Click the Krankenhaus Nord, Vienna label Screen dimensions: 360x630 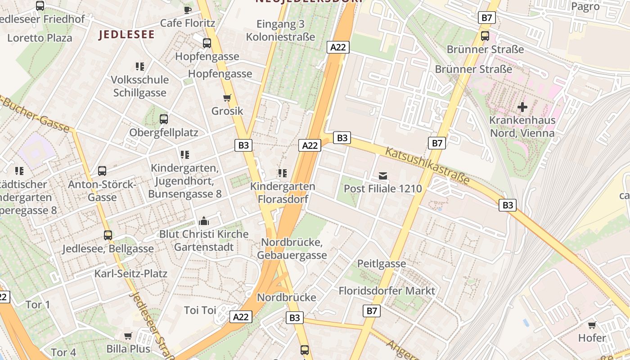[x=522, y=127]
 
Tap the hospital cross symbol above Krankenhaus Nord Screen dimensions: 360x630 [x=522, y=107]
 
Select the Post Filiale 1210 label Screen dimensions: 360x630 [x=383, y=188]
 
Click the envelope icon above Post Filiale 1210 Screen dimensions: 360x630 [x=383, y=176]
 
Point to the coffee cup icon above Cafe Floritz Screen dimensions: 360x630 [x=188, y=9]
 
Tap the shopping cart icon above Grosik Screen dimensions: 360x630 [x=227, y=98]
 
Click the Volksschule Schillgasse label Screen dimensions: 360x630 [x=140, y=86]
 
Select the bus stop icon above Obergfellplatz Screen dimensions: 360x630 [x=164, y=119]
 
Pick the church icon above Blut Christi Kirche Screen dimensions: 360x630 [x=204, y=221]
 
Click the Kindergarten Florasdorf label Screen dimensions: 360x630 [x=283, y=192]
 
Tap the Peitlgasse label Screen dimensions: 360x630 [x=382, y=264]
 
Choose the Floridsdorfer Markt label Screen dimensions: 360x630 [x=387, y=291]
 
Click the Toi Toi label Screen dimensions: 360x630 [x=200, y=310]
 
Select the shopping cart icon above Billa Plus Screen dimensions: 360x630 [x=128, y=336]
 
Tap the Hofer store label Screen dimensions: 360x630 [x=592, y=338]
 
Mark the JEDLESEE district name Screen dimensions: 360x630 [x=126, y=35]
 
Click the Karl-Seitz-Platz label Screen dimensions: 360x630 [x=130, y=274]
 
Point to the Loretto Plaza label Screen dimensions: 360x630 [x=40, y=38]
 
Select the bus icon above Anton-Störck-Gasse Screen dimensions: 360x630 [x=102, y=171]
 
